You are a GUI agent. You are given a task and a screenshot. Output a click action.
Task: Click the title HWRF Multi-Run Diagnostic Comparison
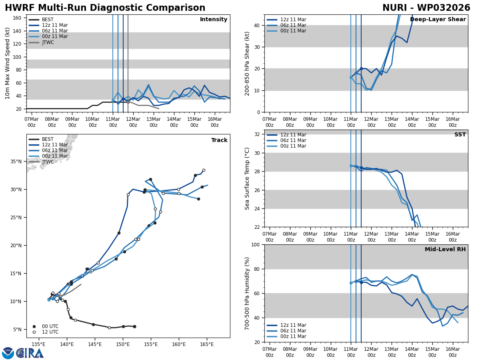tap(105, 8)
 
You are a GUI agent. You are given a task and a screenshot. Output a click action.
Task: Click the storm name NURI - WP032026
tap(426, 8)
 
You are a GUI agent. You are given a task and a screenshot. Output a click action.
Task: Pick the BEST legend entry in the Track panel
tap(48, 139)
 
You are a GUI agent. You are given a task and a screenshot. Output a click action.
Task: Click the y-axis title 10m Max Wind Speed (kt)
tap(8, 63)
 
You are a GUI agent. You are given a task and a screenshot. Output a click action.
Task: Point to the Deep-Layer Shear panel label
tap(438, 20)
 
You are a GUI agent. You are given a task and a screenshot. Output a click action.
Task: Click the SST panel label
tap(460, 135)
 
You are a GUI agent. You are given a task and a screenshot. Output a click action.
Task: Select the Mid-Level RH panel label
tap(445, 250)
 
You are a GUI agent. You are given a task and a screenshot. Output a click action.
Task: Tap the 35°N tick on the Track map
tap(18, 162)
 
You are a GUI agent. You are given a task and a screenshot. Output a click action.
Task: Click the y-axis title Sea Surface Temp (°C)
tap(247, 178)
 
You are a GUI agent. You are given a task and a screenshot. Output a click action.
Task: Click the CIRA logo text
tap(30, 353)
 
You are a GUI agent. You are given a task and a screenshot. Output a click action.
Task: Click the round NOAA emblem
tap(8, 353)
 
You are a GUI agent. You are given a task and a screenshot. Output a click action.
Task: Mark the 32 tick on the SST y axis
tap(257, 134)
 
